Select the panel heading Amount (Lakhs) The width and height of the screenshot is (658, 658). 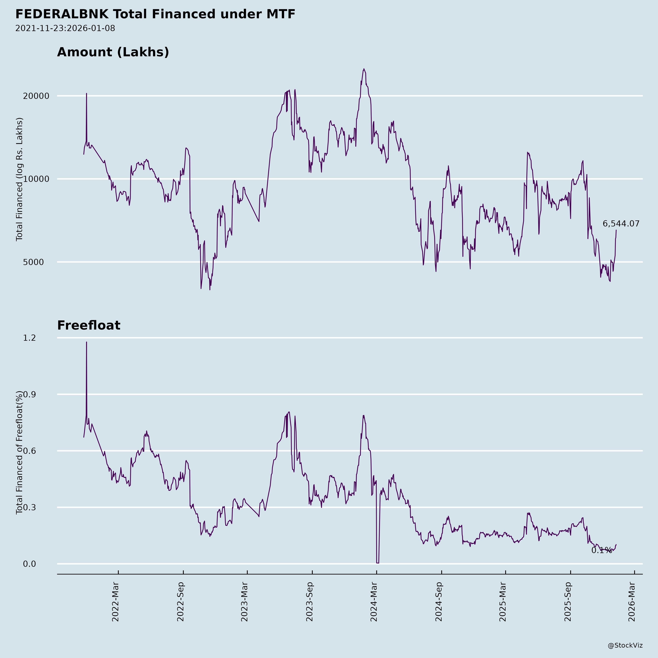[113, 52]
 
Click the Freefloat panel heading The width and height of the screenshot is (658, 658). [88, 325]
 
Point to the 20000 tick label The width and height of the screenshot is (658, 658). [36, 96]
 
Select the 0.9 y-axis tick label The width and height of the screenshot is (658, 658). [29, 394]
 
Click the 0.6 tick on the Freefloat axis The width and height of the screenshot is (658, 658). [29, 451]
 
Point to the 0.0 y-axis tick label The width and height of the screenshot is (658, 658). [29, 564]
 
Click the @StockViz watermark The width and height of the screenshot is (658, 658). [625, 645]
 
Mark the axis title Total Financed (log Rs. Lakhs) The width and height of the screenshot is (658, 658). [19, 179]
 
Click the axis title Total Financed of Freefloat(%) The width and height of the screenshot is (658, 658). [19, 453]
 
